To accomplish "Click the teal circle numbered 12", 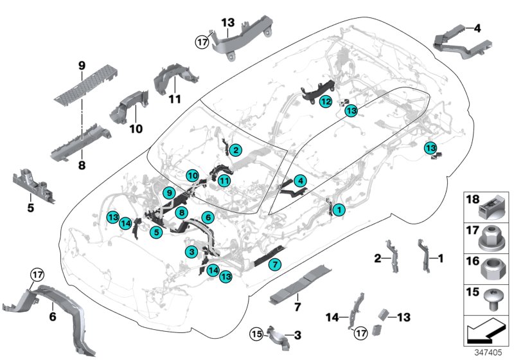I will (x=326, y=102).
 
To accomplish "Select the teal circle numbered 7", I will (x=274, y=264).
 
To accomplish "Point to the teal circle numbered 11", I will (x=224, y=181).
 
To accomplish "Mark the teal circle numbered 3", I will (x=191, y=251).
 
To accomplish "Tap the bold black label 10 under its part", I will (x=136, y=129).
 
